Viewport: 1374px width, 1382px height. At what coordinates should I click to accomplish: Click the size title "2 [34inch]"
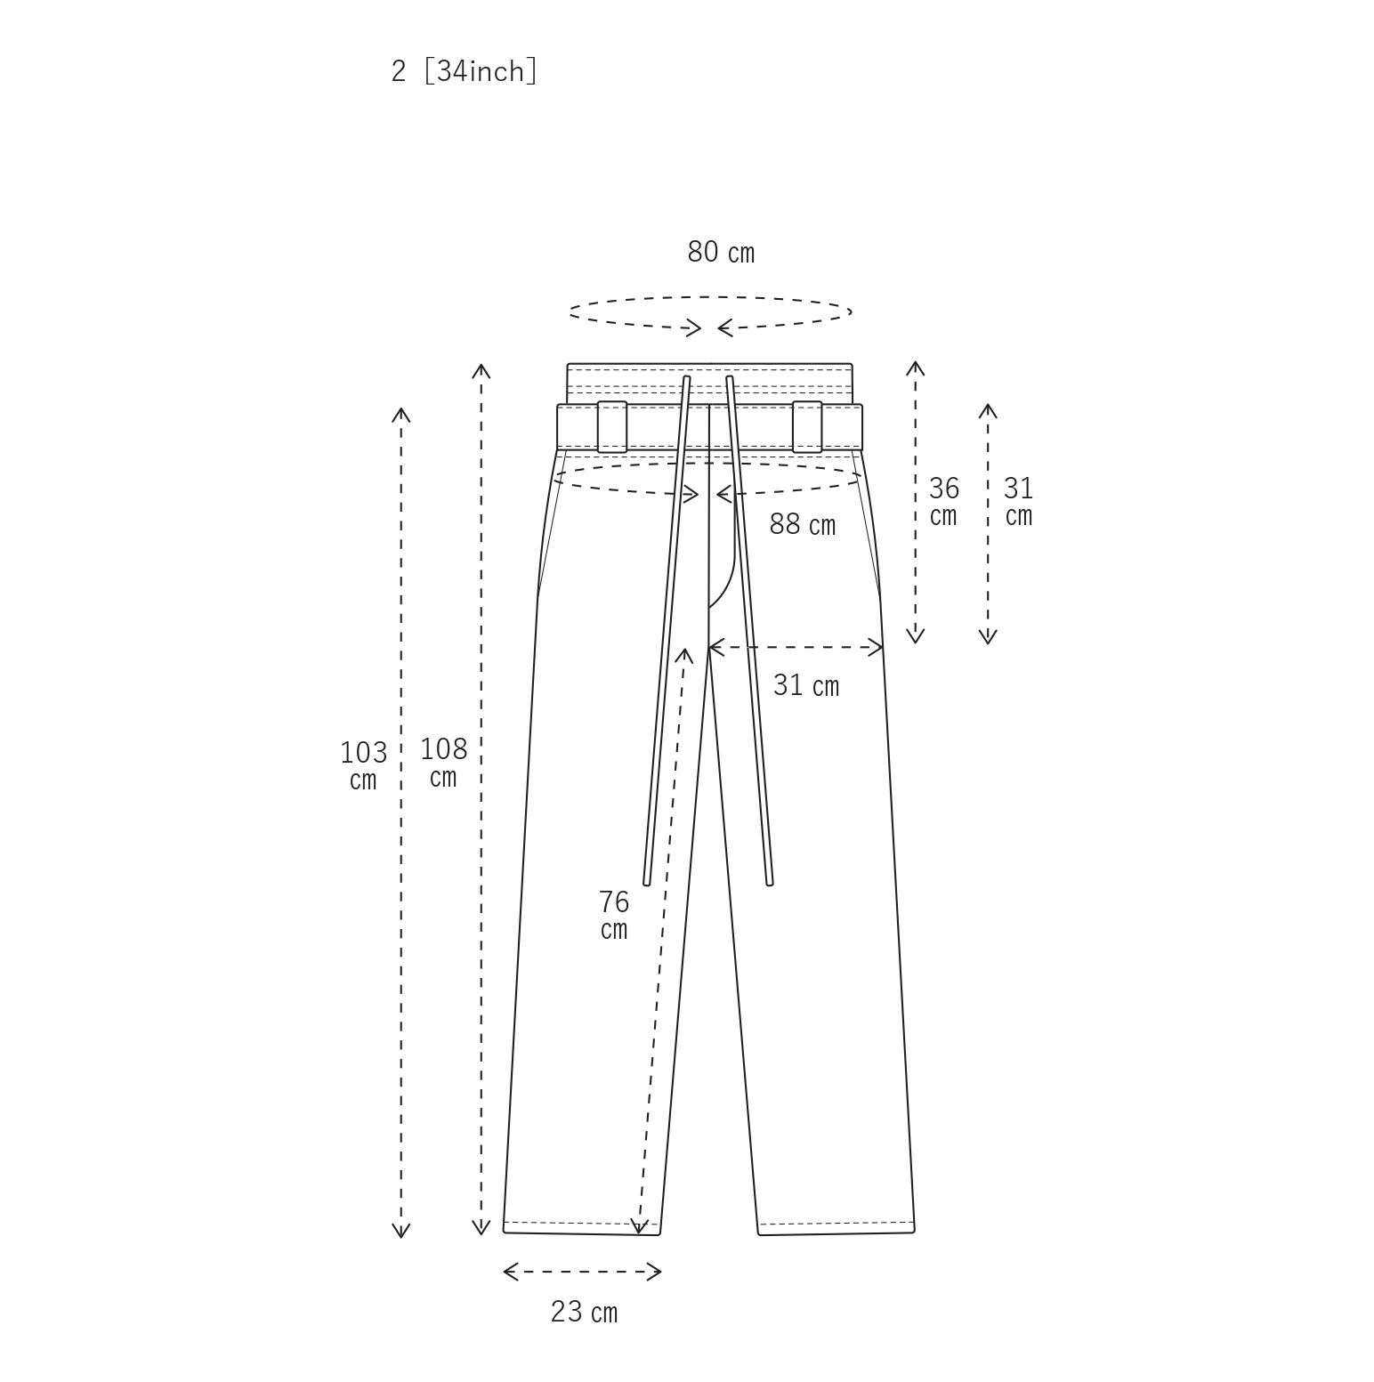click(464, 71)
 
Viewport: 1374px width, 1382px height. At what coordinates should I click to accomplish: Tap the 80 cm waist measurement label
click(721, 253)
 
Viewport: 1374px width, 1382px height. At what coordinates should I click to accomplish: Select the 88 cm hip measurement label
click(803, 525)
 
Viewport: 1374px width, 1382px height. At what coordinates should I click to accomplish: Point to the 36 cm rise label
click(943, 501)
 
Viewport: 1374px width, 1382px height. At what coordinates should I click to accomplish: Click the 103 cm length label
click(363, 765)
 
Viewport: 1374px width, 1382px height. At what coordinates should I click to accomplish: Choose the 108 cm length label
click(443, 762)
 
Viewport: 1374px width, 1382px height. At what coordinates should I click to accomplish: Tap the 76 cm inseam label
click(614, 915)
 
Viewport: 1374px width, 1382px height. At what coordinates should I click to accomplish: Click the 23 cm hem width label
click(584, 1313)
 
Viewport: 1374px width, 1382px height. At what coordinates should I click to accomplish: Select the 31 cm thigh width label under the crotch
click(806, 685)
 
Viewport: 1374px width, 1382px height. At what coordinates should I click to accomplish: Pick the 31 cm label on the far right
click(1019, 501)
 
